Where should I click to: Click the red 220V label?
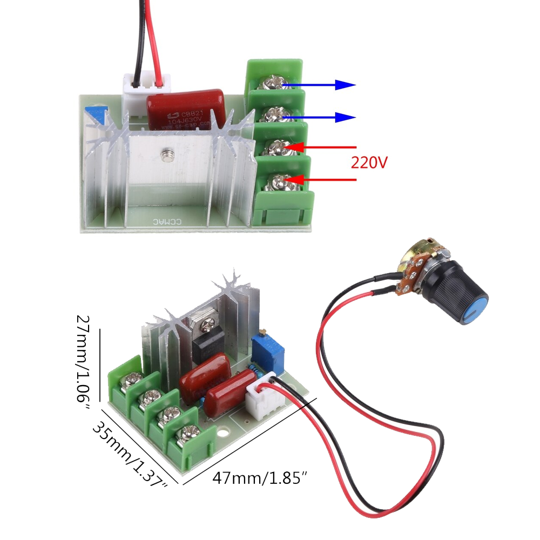coord(369,162)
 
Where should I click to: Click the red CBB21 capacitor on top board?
coord(187,110)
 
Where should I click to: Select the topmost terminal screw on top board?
coord(272,83)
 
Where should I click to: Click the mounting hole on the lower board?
coord(221,431)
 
